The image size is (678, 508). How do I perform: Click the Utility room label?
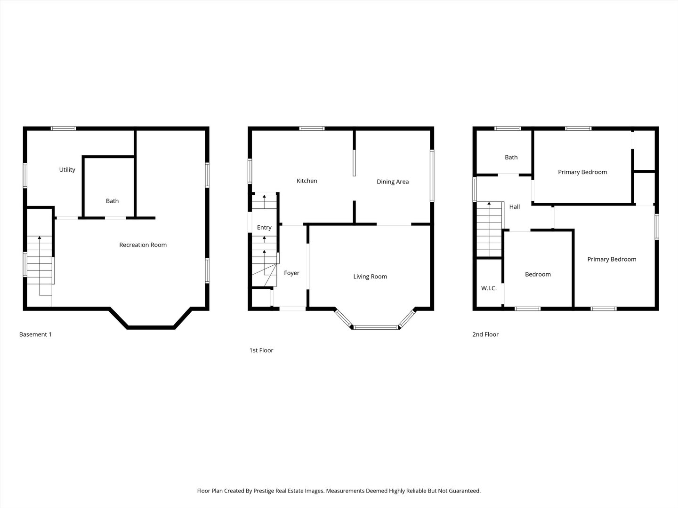point(67,170)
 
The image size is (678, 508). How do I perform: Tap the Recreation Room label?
point(143,245)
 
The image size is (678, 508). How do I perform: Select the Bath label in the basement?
point(112,201)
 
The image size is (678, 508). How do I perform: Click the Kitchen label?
point(307,181)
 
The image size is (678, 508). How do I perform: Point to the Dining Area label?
point(392,182)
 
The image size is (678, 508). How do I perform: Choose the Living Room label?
point(370,277)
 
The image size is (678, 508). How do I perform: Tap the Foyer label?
point(291,273)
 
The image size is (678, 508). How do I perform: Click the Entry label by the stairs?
point(264,228)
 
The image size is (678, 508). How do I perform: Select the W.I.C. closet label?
point(489,288)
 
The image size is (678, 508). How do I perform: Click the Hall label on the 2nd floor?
point(514,206)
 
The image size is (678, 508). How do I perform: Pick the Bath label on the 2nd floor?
point(511,158)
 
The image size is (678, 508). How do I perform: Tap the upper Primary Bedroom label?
point(582,172)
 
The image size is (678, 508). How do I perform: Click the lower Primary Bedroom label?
point(611,259)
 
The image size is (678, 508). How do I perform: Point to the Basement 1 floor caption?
point(35,334)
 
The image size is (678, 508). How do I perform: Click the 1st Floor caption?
point(261,350)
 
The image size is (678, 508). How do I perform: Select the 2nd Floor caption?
point(485,334)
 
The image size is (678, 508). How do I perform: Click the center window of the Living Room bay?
point(375,327)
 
